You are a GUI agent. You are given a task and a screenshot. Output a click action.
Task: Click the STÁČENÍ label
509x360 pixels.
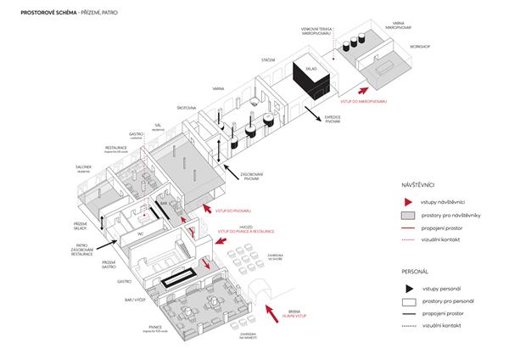(267, 62)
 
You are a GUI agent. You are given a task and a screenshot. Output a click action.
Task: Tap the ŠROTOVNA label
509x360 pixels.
(187, 109)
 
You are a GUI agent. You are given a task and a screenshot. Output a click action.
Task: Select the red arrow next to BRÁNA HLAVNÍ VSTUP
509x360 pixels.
(277, 317)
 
